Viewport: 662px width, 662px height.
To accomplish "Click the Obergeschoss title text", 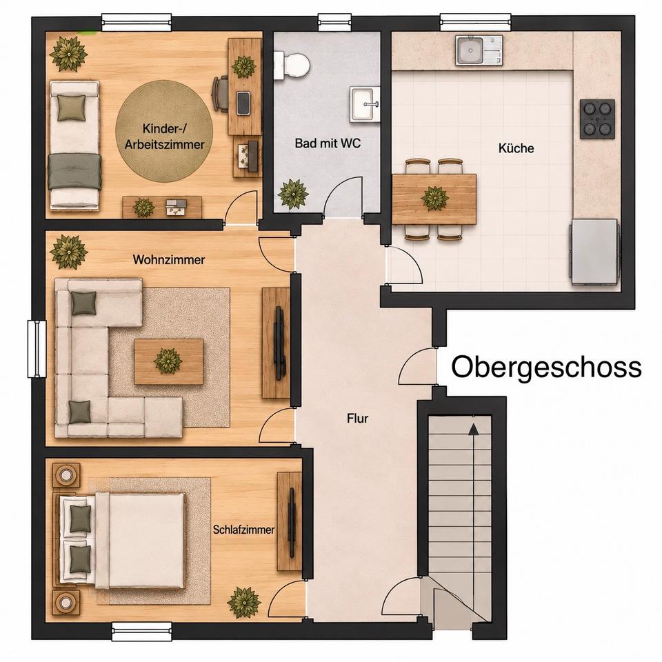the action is pyautogui.click(x=546, y=368).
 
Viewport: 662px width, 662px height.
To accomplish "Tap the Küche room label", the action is pyautogui.click(x=516, y=148).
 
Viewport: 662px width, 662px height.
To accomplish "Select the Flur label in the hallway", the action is pyautogui.click(x=358, y=419).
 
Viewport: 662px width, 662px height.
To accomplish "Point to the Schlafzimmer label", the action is pyautogui.click(x=243, y=530).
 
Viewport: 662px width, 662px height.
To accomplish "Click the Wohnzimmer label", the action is pyautogui.click(x=169, y=259).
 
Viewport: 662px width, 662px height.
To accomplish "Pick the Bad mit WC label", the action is pyautogui.click(x=328, y=143).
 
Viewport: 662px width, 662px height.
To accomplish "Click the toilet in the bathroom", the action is pyautogui.click(x=292, y=66).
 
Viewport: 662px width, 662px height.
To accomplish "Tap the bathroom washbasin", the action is pyautogui.click(x=365, y=104).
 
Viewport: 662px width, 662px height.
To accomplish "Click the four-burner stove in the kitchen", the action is pyautogui.click(x=597, y=119).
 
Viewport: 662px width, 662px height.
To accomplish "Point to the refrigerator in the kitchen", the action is pyautogui.click(x=594, y=252).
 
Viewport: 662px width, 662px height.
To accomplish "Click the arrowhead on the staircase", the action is pyautogui.click(x=473, y=429).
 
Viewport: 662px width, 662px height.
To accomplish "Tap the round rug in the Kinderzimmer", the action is pyautogui.click(x=164, y=132).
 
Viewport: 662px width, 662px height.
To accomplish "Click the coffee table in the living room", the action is pyautogui.click(x=169, y=362).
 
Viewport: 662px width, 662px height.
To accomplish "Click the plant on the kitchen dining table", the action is pyautogui.click(x=435, y=198).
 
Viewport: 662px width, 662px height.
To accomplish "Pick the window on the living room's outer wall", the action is pyautogui.click(x=37, y=348).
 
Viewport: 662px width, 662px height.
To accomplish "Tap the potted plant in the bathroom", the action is pyautogui.click(x=293, y=194).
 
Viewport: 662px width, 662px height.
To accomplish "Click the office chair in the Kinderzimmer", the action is pyautogui.click(x=220, y=93).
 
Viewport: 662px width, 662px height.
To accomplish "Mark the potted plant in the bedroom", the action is pyautogui.click(x=243, y=602).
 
